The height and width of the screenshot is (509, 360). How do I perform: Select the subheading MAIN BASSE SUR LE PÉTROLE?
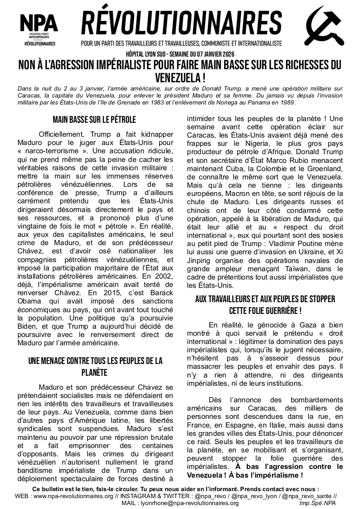click(94, 119)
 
